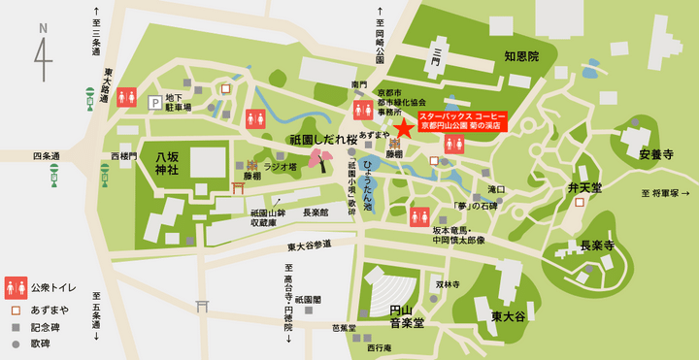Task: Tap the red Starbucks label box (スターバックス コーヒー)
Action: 462,120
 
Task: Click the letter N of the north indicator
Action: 43,29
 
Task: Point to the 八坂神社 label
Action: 159,161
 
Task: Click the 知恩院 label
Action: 521,57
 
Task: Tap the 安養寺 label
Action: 656,154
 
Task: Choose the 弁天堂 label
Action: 584,186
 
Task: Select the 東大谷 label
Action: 507,316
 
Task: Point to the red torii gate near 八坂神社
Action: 239,187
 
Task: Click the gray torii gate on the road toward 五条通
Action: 202,306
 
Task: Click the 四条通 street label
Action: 46,155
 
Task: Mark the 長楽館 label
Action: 316,212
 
